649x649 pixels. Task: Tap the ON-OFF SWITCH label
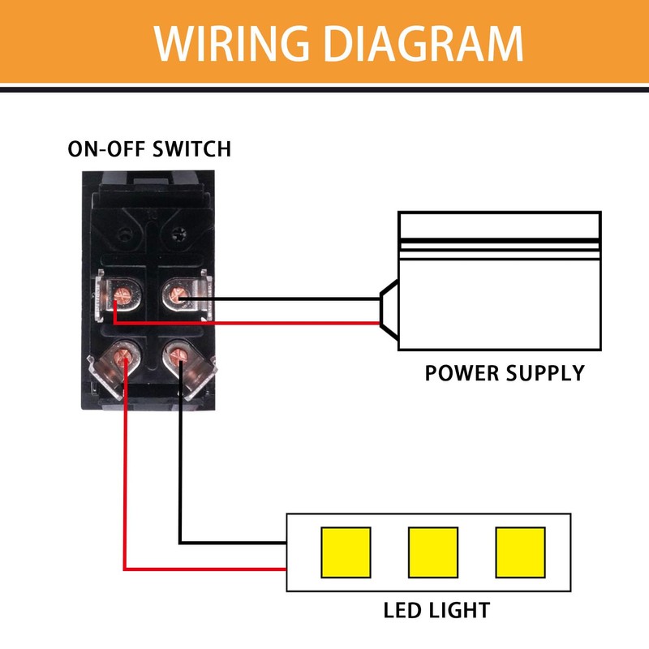click(x=149, y=149)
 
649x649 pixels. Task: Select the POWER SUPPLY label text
click(x=505, y=373)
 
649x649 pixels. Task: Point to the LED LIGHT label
click(x=436, y=609)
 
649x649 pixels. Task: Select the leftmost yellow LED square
click(x=346, y=552)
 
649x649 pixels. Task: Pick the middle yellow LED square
click(x=432, y=552)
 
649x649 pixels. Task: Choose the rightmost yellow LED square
click(x=519, y=552)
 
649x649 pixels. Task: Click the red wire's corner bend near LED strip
click(x=125, y=567)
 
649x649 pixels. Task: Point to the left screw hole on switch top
click(x=123, y=235)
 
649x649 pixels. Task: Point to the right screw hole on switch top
click(x=178, y=235)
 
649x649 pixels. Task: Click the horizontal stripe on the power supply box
click(x=499, y=243)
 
